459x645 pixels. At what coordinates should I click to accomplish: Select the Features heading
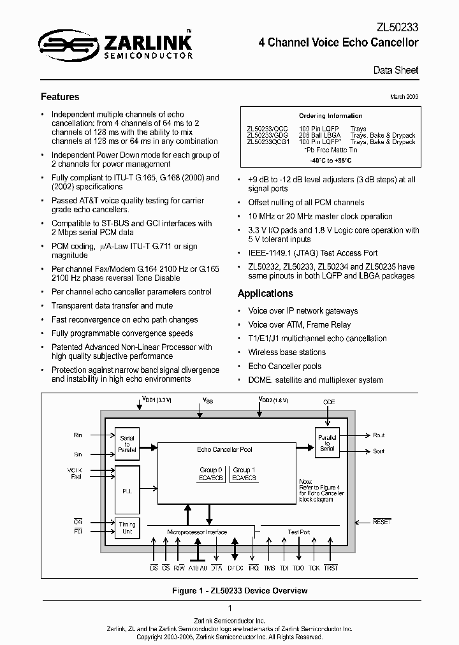click(x=60, y=97)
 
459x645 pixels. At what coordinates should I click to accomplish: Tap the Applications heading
click(x=265, y=293)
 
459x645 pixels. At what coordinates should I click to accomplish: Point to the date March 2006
click(x=404, y=96)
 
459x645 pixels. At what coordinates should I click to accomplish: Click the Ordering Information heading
click(x=331, y=116)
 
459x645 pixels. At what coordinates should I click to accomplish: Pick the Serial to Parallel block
click(x=126, y=444)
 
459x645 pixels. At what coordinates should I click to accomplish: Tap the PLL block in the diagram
click(x=126, y=483)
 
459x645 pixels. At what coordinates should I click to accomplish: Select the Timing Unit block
click(x=126, y=528)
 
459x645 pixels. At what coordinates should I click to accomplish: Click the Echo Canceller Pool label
click(x=224, y=449)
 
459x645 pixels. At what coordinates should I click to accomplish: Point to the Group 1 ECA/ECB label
click(x=244, y=474)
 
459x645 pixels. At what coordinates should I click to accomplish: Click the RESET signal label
click(x=382, y=521)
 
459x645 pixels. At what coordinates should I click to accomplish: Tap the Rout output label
click(x=379, y=435)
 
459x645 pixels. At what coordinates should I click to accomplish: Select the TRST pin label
click(x=330, y=567)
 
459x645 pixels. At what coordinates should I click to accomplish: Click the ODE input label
click(x=328, y=402)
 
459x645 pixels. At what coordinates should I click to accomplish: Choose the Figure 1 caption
click(x=240, y=591)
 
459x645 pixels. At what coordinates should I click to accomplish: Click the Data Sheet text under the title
click(x=395, y=70)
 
